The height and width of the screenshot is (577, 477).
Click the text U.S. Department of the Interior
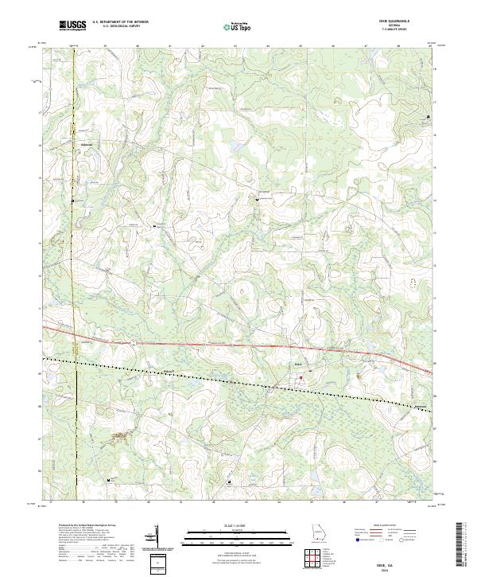[120, 22]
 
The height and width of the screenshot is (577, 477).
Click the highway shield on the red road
[134, 341]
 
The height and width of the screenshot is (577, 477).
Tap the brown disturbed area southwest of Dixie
[120, 435]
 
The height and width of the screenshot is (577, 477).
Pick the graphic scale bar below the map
[237, 532]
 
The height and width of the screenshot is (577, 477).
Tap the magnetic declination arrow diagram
[157, 537]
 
